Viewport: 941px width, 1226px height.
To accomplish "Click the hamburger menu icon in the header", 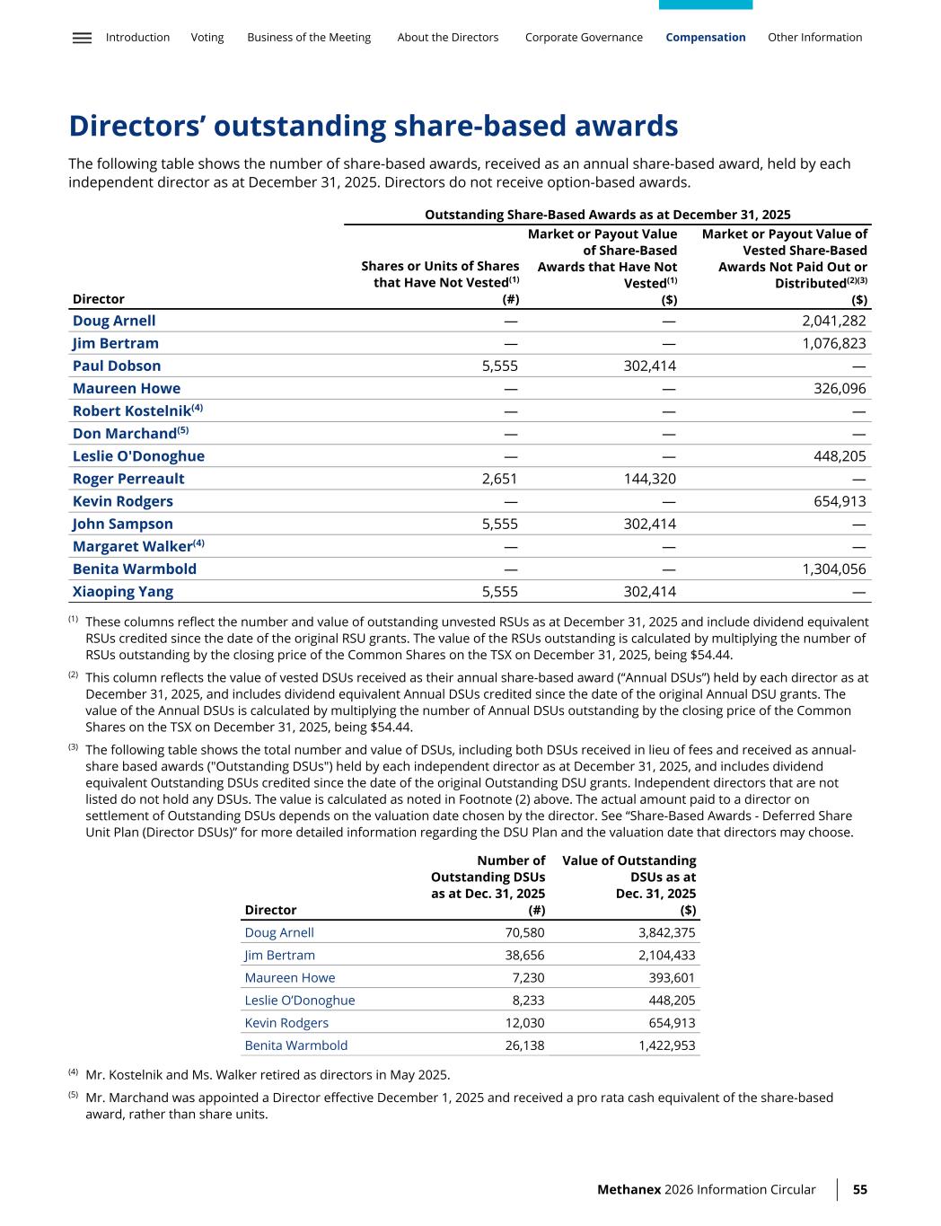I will pos(82,38).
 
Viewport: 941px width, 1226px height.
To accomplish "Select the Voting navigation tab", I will pos(207,38).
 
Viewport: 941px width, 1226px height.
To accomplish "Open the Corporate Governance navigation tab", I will pos(584,38).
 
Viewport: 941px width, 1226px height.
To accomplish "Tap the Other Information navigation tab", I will pos(814,38).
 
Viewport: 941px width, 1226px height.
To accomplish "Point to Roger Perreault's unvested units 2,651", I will pos(499,479).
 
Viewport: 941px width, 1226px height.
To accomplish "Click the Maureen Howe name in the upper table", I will pos(127,388).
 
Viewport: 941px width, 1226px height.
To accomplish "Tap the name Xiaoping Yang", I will pos(123,591).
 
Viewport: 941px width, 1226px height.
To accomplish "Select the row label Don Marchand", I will pos(124,434).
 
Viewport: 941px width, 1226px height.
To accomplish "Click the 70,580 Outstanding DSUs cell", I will pos(525,932).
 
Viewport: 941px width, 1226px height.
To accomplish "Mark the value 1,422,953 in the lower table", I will pos(666,1045).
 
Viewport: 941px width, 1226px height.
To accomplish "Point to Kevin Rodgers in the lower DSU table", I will pos(286,1023).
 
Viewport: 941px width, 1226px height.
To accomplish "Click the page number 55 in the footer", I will pos(859,1189).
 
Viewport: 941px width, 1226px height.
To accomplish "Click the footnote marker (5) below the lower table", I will pos(74,1096).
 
